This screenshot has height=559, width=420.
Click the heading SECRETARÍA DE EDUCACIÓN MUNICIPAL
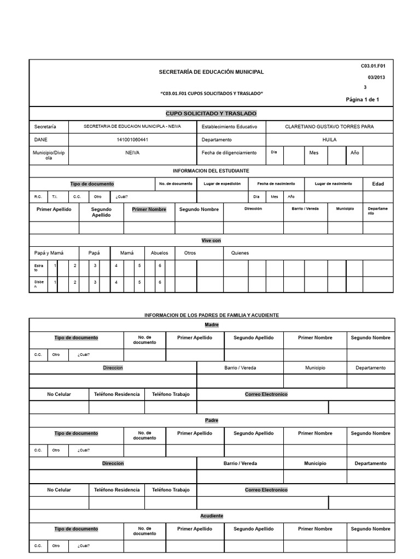coord(211,72)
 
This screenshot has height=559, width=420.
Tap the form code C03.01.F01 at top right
coord(373,66)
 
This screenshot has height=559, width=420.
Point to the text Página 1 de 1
coord(362,99)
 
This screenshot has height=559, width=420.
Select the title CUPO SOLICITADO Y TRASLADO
coord(211,113)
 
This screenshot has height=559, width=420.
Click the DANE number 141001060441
coord(132,140)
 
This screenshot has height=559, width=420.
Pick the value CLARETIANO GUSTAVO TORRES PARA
coord(329,127)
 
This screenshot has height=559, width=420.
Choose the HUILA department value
coord(329,140)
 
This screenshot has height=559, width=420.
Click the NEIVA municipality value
coord(132,153)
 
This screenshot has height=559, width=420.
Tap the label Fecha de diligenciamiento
coord(230,153)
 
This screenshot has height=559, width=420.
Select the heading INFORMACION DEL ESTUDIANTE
coord(211,171)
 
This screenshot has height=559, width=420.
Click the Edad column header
coord(378,184)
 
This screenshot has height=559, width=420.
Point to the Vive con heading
coord(211,240)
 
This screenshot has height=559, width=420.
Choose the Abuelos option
coord(160,253)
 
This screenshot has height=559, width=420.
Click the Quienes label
coord(240,253)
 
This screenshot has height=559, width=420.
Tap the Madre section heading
coord(211,325)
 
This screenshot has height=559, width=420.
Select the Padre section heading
coord(211,420)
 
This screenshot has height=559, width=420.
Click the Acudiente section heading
coord(211,516)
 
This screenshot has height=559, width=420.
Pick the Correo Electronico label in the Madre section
coord(266,394)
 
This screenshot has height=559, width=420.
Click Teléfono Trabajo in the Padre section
coord(171,490)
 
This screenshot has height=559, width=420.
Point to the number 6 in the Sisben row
coord(160,282)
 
